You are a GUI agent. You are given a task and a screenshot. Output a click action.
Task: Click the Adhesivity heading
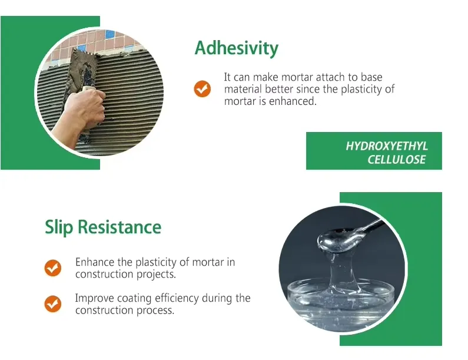(x=237, y=48)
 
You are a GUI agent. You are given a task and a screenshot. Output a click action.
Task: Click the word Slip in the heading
(x=59, y=227)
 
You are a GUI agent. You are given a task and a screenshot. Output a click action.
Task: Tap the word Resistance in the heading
(x=120, y=227)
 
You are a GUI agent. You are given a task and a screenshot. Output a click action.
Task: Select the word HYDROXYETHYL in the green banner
(x=387, y=146)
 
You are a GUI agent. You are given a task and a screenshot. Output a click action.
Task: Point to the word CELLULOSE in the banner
(x=396, y=159)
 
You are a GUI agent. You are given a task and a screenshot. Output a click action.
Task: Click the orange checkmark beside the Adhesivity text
(x=203, y=89)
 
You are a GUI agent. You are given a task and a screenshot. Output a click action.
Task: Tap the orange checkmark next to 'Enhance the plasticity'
(x=53, y=267)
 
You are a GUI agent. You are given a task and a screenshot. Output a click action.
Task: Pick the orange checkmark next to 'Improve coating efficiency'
(x=53, y=304)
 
